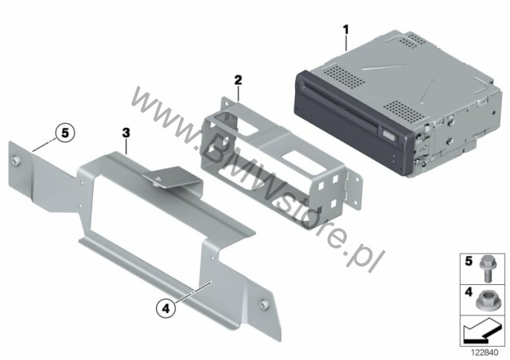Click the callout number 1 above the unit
point(346,30)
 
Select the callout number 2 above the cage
point(238,80)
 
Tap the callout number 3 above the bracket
point(126,133)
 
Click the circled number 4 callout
point(166,308)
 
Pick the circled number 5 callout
point(65,133)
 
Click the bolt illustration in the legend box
point(486,268)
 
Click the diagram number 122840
point(485,353)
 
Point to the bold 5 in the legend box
point(468,261)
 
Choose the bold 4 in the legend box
point(468,292)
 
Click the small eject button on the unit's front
point(389,134)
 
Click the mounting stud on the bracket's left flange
point(15,161)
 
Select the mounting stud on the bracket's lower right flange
point(263,304)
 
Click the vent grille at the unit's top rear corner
point(412,40)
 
